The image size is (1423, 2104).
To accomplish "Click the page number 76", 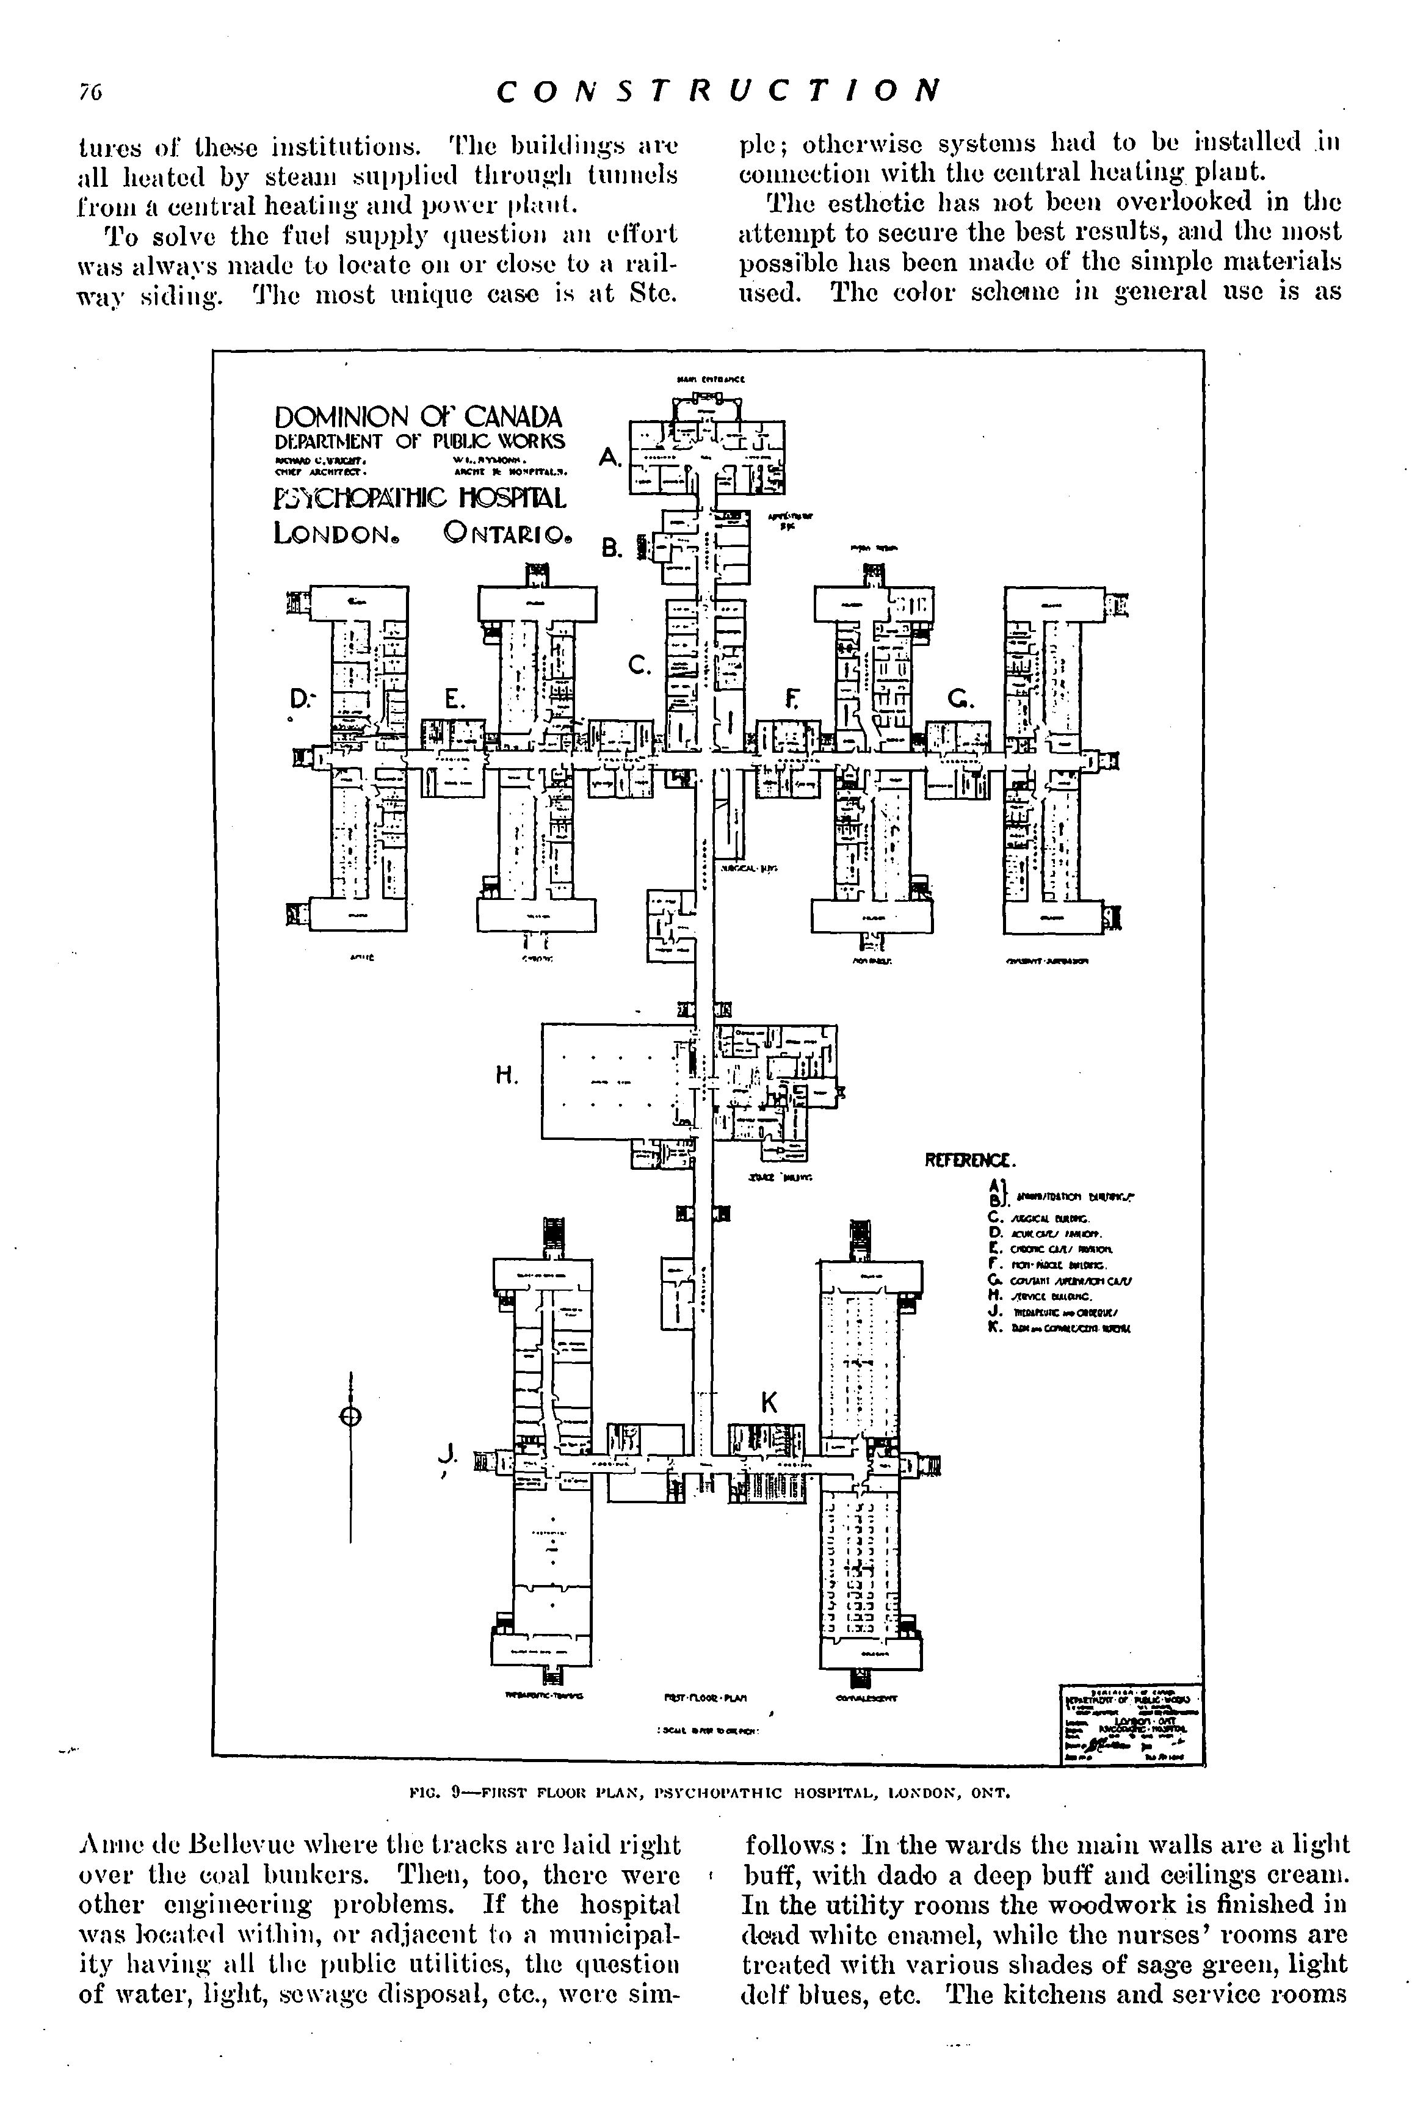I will click(x=90, y=92).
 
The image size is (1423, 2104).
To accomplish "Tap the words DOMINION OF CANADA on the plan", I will click(x=418, y=418).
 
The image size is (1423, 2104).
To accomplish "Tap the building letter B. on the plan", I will click(x=612, y=548).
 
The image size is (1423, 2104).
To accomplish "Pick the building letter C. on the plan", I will click(x=639, y=666).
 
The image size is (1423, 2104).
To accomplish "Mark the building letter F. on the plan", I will click(x=794, y=699).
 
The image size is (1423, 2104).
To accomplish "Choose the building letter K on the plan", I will click(x=769, y=1402).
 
